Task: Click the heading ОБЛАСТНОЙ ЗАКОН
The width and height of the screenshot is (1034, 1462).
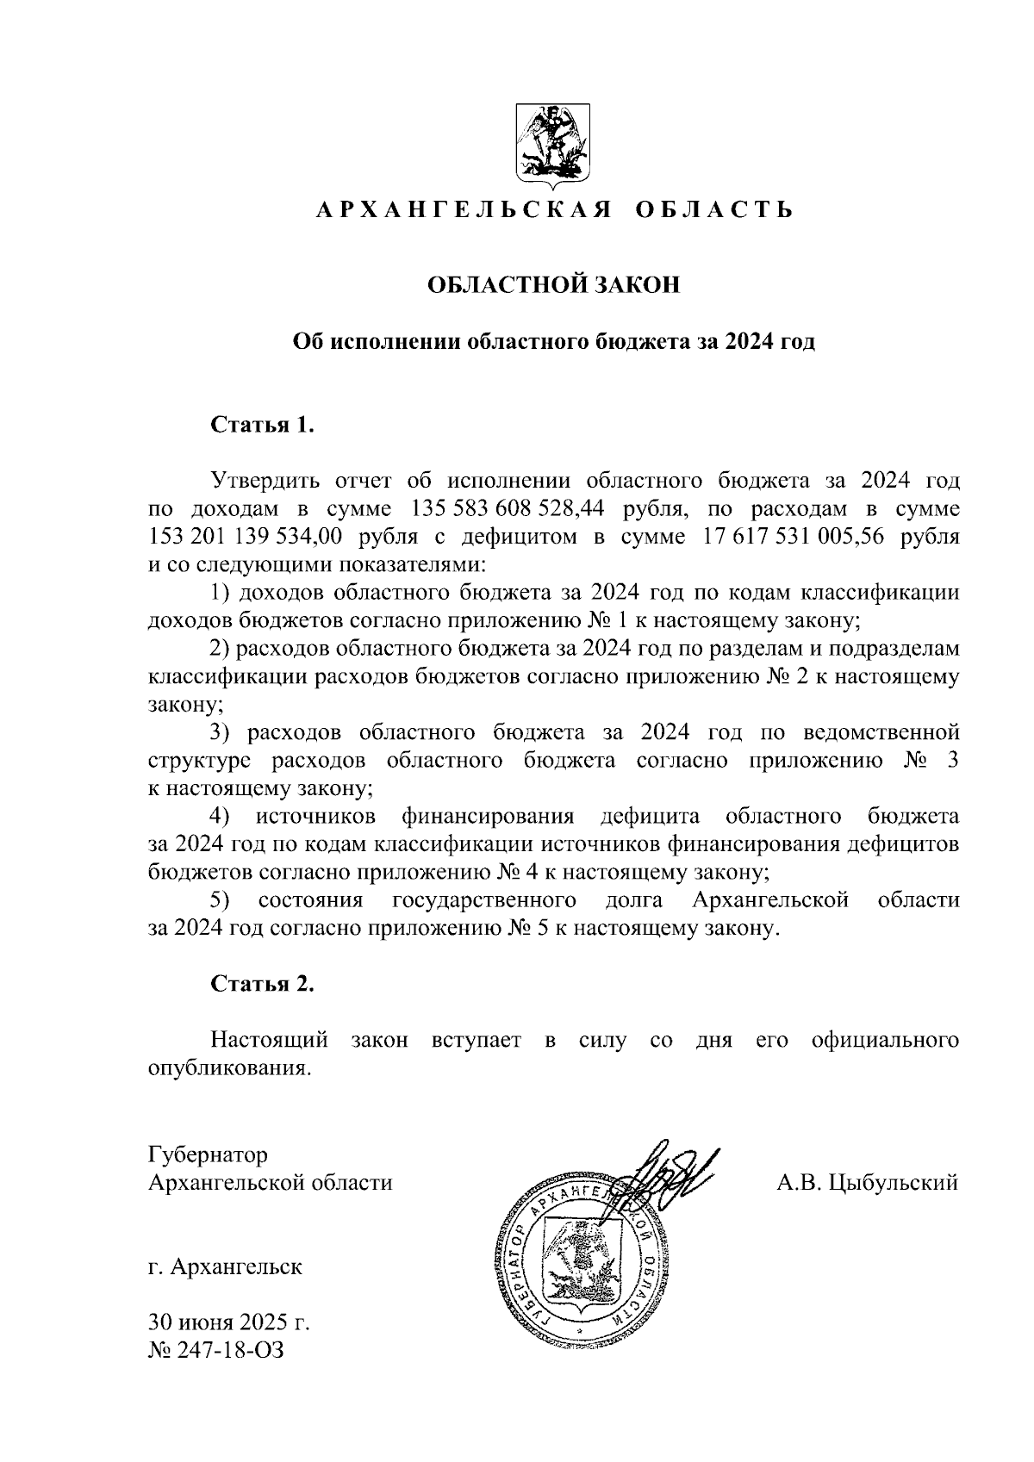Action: pos(555,285)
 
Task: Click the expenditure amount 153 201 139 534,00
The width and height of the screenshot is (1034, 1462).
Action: pos(246,537)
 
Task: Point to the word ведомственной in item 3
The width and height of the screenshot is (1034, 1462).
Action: pos(881,732)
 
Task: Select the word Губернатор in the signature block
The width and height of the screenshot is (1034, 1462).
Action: pos(208,1154)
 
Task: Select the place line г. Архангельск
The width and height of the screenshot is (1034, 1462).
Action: pos(225,1267)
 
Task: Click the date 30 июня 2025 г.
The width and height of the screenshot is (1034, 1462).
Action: pos(229,1322)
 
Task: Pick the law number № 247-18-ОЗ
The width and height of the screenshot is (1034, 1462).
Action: pos(216,1350)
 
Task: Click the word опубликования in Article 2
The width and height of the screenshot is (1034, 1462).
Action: pos(228,1069)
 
